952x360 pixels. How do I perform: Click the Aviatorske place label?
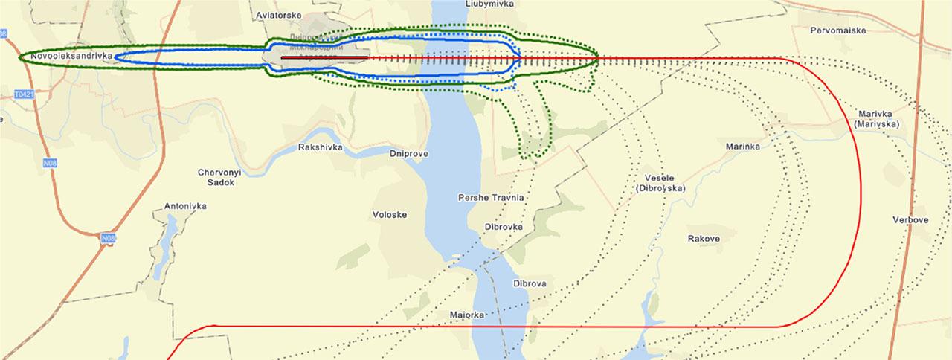click(277, 14)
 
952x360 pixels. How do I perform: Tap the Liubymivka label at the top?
click(490, 4)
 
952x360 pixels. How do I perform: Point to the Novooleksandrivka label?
click(71, 56)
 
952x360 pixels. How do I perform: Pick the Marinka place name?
click(742, 147)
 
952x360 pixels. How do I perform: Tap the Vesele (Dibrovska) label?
click(660, 183)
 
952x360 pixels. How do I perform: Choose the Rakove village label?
click(704, 239)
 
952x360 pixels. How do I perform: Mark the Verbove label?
click(911, 220)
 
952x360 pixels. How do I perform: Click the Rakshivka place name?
click(320, 147)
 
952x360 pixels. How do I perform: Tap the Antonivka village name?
click(185, 206)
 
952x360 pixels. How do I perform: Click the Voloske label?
click(389, 215)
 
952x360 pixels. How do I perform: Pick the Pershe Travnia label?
click(491, 198)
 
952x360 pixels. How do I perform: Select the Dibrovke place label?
click(504, 227)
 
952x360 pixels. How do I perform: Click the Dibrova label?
click(530, 283)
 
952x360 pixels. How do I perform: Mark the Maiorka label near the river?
click(468, 315)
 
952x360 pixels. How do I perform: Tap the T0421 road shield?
click(24, 95)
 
